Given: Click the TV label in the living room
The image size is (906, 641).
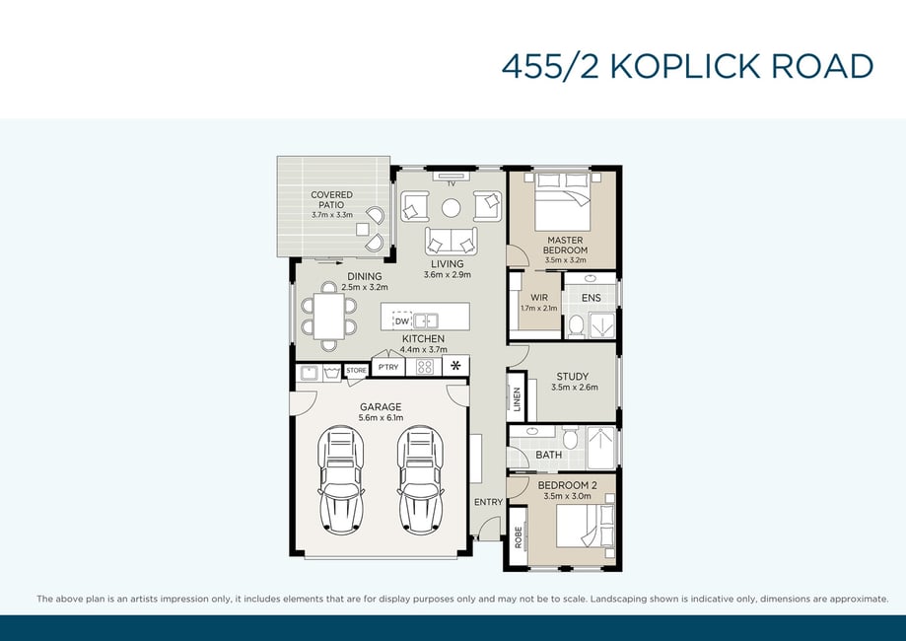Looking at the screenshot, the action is pyautogui.click(x=452, y=183).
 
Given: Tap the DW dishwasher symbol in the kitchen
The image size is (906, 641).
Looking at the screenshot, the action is pyautogui.click(x=402, y=320).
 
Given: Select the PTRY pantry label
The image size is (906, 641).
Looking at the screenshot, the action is pyautogui.click(x=388, y=367).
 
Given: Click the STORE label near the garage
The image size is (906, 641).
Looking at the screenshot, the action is pyautogui.click(x=357, y=371).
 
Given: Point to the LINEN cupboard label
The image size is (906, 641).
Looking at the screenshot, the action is pyautogui.click(x=518, y=398).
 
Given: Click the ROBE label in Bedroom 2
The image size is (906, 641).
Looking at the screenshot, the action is pyautogui.click(x=519, y=537).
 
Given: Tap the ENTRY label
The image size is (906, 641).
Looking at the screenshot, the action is pyautogui.click(x=488, y=502).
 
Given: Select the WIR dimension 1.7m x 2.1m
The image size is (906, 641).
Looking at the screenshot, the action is pyautogui.click(x=539, y=308).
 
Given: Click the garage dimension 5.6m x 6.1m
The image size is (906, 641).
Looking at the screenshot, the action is pyautogui.click(x=381, y=418).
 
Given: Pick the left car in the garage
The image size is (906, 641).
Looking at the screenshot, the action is pyautogui.click(x=341, y=479).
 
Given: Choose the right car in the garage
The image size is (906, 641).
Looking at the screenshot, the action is pyautogui.click(x=421, y=479).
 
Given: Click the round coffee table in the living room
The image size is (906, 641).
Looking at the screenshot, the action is pyautogui.click(x=452, y=208).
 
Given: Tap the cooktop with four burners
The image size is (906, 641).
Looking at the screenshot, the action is pyautogui.click(x=425, y=367).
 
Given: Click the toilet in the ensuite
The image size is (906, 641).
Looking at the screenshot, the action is pyautogui.click(x=576, y=326).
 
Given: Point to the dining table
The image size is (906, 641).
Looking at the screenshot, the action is pyautogui.click(x=328, y=317).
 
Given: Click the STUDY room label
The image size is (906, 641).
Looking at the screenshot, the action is pyautogui.click(x=573, y=377).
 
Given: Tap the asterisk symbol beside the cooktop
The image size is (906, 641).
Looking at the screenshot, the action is pyautogui.click(x=455, y=365).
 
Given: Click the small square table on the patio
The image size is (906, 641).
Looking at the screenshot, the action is pyautogui.click(x=362, y=230).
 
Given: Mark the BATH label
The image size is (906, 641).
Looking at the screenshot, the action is pyautogui.click(x=549, y=455).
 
